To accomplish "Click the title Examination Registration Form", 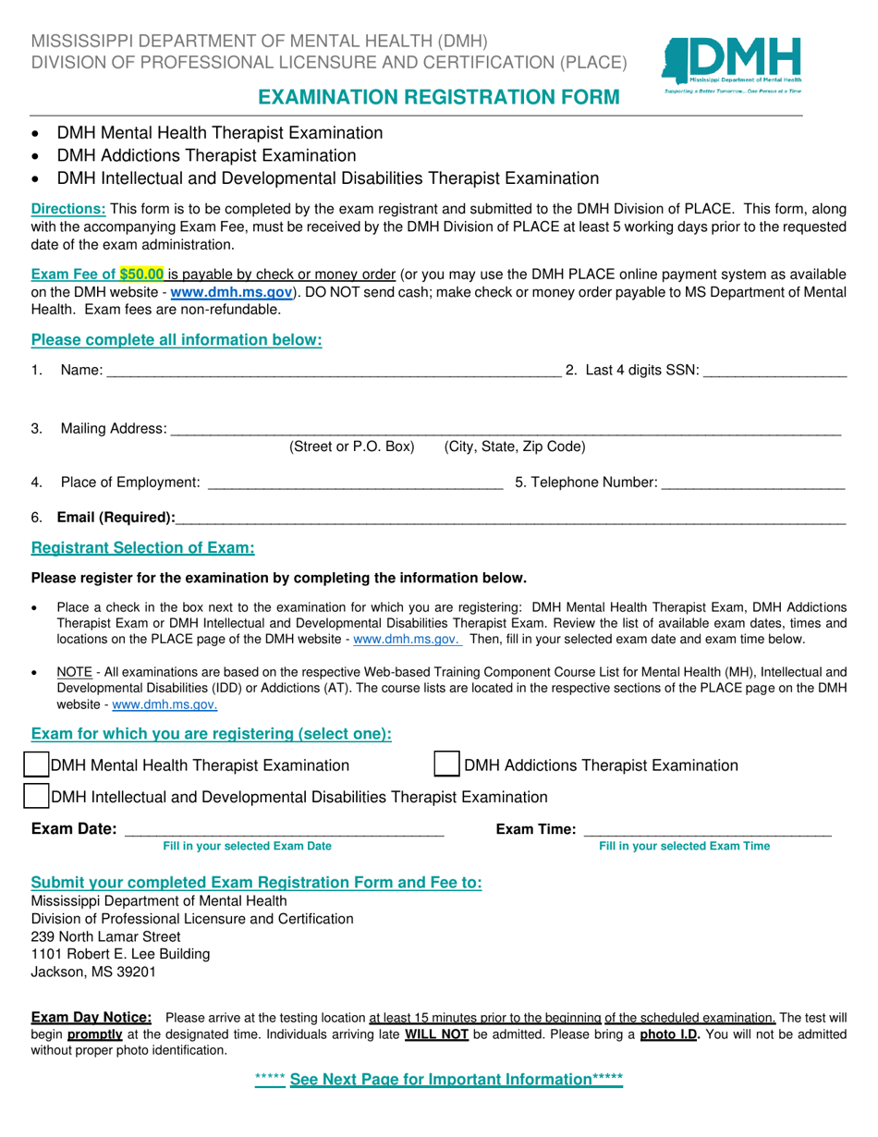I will [438, 97].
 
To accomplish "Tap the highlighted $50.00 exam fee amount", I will [142, 274].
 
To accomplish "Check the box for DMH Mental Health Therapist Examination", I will [36, 764].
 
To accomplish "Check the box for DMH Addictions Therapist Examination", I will [447, 764].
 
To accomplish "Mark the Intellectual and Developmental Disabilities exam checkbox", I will [36, 796].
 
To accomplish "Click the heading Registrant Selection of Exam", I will [143, 548].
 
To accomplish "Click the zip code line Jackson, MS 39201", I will [93, 972].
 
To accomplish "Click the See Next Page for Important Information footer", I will [439, 1079].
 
